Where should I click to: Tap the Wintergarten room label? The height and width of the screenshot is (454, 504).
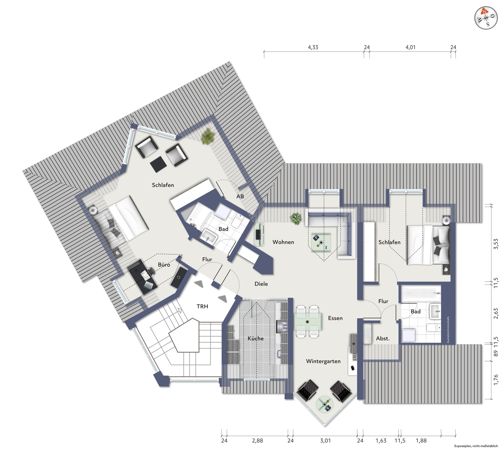coord(323,361)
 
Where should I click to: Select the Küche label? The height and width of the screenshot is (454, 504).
coord(255,338)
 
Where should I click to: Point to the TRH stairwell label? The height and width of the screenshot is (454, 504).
coord(202,306)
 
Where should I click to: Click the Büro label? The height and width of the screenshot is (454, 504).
coord(164,265)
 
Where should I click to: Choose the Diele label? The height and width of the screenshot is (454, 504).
coord(261,284)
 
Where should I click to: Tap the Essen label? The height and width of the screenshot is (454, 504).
coord(335,318)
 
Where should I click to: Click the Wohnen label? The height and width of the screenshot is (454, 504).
coord(283,242)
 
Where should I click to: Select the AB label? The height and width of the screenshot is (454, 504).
coord(240,196)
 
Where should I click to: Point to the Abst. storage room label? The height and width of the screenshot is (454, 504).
coord(383,338)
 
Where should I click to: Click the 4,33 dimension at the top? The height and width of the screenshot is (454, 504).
coord(313,47)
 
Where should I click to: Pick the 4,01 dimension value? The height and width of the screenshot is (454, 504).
coord(411,47)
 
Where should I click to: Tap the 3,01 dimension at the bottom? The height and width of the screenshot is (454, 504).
coord(325,440)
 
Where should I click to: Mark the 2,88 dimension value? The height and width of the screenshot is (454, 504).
coord(257,440)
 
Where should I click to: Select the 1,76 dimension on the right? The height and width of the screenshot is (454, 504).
coord(496,380)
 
